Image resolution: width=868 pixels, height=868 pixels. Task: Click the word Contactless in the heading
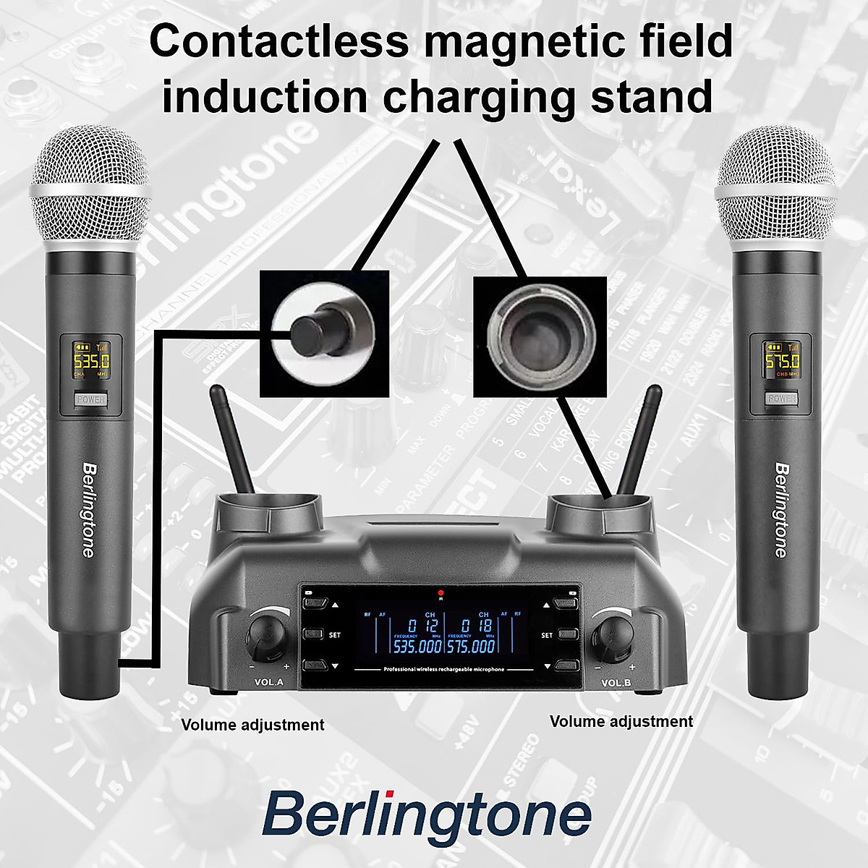coord(278,42)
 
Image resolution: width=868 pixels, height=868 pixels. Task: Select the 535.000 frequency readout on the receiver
coord(417,646)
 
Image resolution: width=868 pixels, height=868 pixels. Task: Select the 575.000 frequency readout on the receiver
coord(471,646)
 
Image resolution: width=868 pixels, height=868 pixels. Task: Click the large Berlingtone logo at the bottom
coord(427,814)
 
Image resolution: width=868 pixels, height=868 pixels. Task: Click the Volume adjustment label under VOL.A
coord(252,725)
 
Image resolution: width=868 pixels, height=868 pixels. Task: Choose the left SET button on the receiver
coord(314,634)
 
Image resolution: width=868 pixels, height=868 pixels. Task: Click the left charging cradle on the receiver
coord(269,506)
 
